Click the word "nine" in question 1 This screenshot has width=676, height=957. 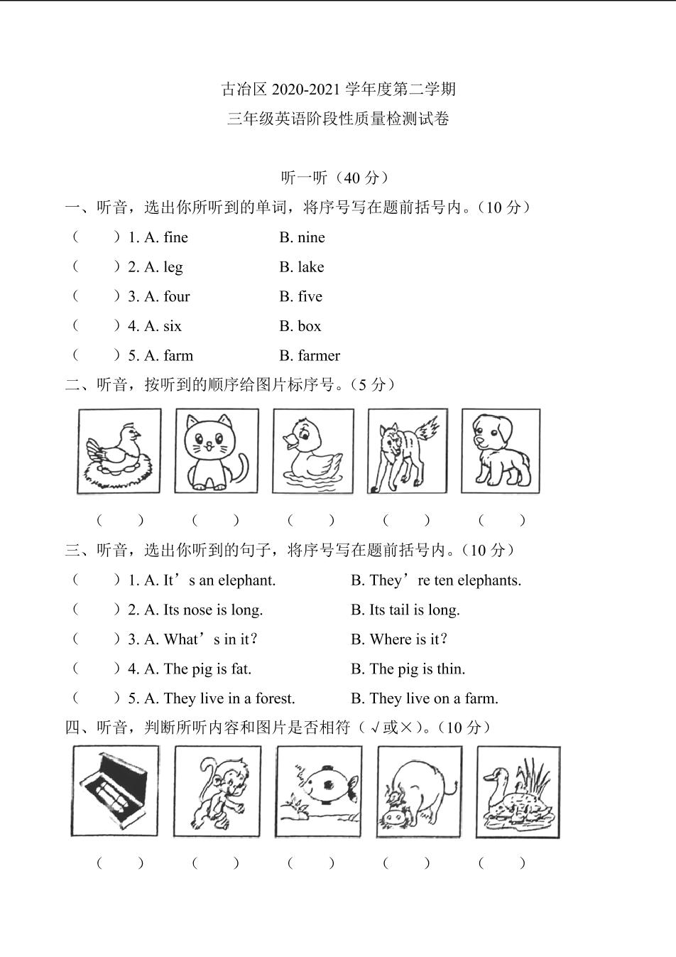[311, 237]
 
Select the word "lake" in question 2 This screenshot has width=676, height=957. [310, 267]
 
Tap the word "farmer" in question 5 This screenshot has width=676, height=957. [319, 355]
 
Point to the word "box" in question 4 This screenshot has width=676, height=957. [309, 326]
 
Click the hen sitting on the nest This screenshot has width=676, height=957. [119, 451]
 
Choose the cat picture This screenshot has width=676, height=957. [216, 451]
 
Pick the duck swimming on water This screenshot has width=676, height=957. [312, 451]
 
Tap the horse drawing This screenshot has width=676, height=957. [407, 451]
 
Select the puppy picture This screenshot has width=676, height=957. [501, 451]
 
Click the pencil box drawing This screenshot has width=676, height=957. [115, 791]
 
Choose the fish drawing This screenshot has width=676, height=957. [318, 791]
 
